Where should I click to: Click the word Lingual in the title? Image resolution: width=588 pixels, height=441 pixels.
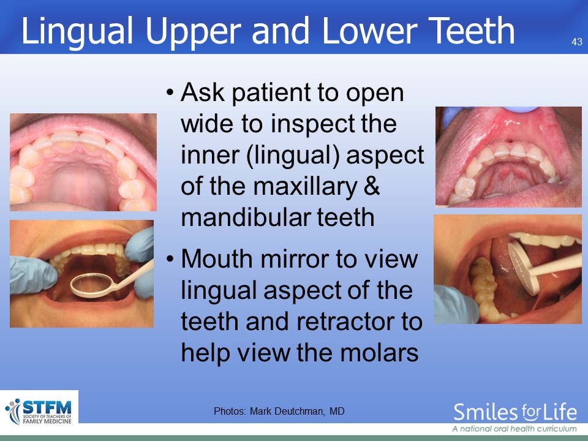pos(77,31)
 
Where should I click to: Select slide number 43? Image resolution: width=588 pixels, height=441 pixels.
pos(577,42)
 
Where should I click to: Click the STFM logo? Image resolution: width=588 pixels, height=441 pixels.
pos(39,411)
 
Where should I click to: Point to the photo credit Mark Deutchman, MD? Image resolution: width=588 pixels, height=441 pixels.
pos(297,412)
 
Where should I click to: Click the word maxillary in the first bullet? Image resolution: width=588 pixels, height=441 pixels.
pos(305,186)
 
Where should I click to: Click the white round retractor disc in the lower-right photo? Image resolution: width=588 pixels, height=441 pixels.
pos(524,267)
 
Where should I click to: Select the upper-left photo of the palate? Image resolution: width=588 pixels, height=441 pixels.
pos(83,162)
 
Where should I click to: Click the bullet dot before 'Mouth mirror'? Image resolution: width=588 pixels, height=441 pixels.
pos(170,258)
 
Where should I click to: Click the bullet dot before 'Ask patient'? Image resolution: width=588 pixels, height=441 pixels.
pos(170,92)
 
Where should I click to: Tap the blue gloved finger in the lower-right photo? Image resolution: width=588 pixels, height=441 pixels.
pos(456,304)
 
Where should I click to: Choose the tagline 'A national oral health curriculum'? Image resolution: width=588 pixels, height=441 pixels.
pos(514,429)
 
